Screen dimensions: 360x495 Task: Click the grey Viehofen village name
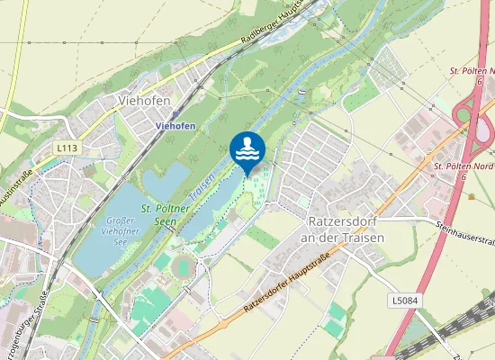pyautogui.click(x=144, y=102)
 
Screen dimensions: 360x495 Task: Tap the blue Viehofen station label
pyautogui.click(x=175, y=128)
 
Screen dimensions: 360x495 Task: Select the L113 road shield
pyautogui.click(x=65, y=147)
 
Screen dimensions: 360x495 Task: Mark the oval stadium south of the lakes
pyautogui.click(x=184, y=266)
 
